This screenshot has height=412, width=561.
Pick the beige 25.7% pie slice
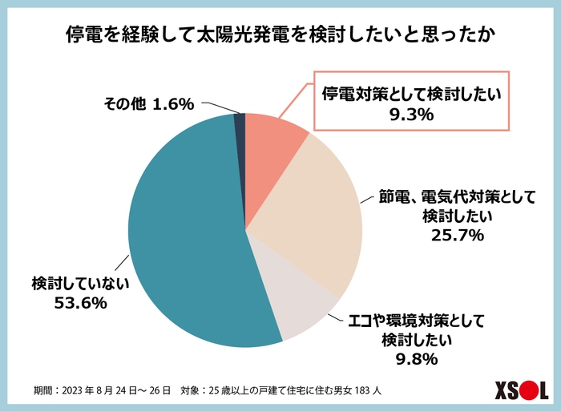pos(313,216)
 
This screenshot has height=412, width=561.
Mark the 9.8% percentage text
pos(415,358)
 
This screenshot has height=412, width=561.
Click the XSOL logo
pos(510,390)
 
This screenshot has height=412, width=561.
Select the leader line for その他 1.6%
pos(219,107)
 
